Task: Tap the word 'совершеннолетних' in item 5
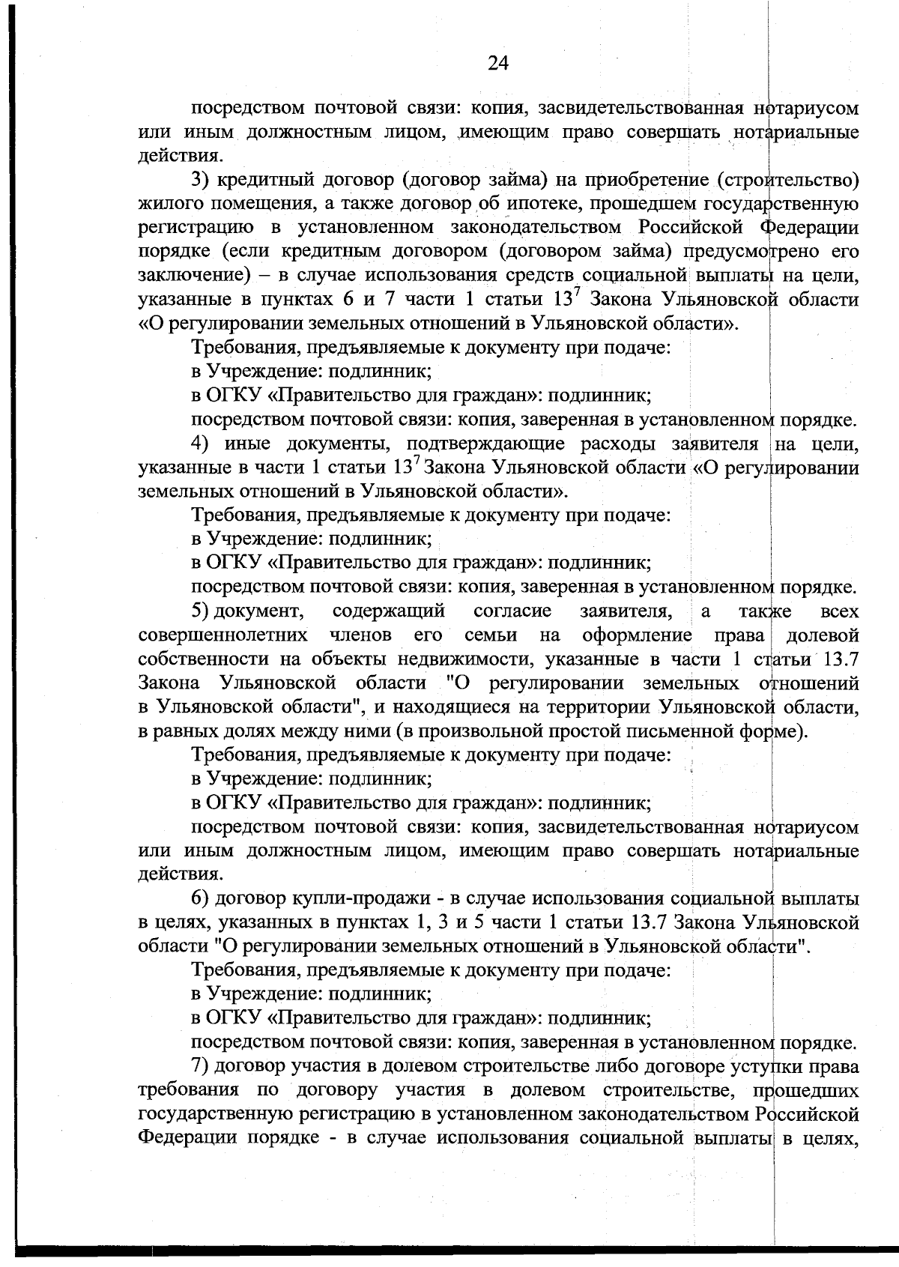(x=223, y=636)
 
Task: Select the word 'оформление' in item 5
(x=638, y=636)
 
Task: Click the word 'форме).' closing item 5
(x=777, y=731)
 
